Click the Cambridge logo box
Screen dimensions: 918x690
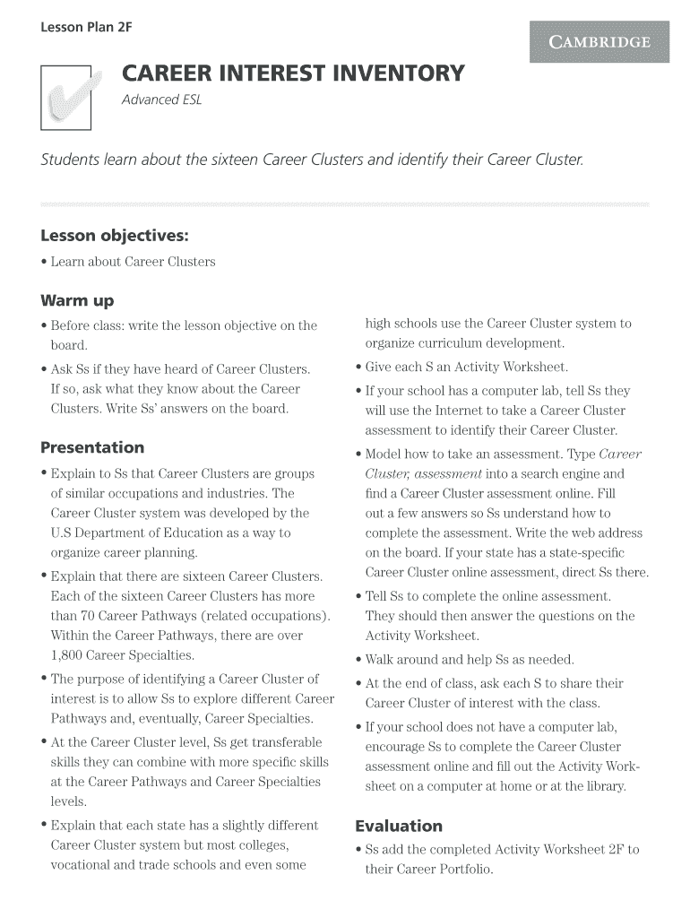(x=599, y=42)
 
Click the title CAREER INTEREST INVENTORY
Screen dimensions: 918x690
(x=293, y=73)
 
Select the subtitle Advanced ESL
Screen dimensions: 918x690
(x=162, y=100)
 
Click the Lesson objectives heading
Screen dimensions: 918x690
(x=115, y=236)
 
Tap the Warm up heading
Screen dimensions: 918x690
(x=77, y=300)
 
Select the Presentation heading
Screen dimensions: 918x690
(x=92, y=447)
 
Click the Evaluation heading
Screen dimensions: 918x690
(x=399, y=826)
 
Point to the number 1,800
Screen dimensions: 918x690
(x=69, y=655)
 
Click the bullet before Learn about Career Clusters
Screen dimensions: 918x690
(x=45, y=263)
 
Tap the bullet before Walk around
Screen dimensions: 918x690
(x=358, y=660)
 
